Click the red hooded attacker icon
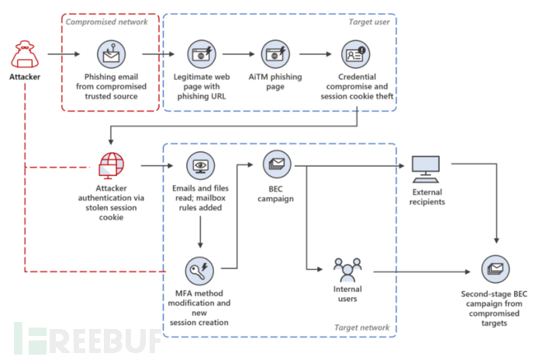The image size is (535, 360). (x=25, y=54)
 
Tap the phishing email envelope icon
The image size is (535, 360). (x=111, y=54)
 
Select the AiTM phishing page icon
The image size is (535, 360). (x=275, y=54)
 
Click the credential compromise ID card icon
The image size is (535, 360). (x=356, y=54)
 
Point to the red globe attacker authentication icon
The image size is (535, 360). (x=111, y=166)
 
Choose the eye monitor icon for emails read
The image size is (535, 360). (x=201, y=166)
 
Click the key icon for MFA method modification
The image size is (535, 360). (x=199, y=271)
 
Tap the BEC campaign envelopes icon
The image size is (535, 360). (x=277, y=164)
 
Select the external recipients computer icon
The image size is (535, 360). (x=426, y=169)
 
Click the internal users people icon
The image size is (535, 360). (x=347, y=269)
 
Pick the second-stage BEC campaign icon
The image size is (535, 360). (x=495, y=268)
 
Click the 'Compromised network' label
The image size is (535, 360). (x=107, y=22)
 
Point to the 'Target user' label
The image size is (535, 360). (x=369, y=22)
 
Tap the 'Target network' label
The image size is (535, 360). (x=361, y=327)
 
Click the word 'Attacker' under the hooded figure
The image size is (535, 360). (x=25, y=77)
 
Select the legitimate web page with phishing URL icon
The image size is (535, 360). (x=202, y=54)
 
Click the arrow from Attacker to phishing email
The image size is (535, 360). (x=64, y=54)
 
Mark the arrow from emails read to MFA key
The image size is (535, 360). (x=200, y=232)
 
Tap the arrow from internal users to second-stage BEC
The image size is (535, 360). (x=422, y=272)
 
